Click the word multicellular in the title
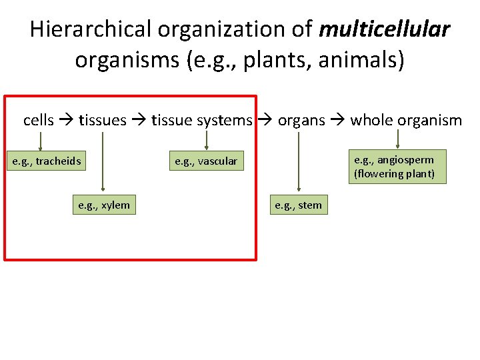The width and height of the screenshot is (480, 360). [x=385, y=30]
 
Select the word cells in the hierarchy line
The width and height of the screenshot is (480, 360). [x=39, y=120]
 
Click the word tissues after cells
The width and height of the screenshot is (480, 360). [x=103, y=120]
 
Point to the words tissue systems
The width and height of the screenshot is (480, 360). [x=202, y=120]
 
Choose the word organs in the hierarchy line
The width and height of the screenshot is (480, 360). [x=301, y=120]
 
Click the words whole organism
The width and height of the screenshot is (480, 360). [x=406, y=120]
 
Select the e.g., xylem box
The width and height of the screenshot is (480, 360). [x=104, y=205]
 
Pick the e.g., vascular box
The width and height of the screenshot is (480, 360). [x=206, y=161]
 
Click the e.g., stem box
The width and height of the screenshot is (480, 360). [x=299, y=205]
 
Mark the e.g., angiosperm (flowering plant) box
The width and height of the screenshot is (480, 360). [x=398, y=166]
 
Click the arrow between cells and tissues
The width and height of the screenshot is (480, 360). [x=67, y=121]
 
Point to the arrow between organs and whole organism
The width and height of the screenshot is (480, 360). [x=338, y=121]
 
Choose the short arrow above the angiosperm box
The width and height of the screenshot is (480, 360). [x=398, y=138]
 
